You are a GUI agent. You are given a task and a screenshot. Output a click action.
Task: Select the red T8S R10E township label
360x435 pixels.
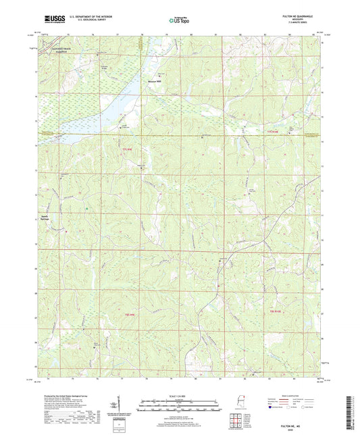276,311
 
